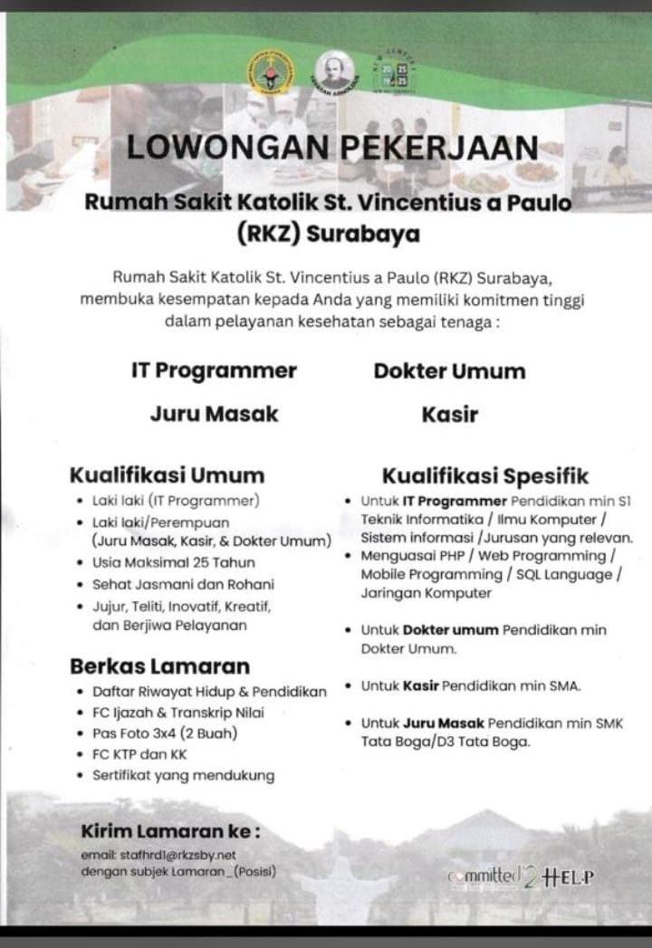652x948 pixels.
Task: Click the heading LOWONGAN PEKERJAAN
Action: pos(331,148)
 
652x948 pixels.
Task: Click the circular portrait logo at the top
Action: pos(335,70)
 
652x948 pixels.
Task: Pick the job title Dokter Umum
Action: pos(449,370)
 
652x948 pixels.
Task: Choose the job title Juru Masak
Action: pos(214,415)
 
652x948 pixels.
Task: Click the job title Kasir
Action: pos(449,415)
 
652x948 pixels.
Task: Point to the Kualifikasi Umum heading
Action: pos(168,475)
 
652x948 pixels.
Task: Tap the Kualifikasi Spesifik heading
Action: pos(485,475)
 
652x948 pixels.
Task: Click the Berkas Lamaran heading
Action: pos(160,666)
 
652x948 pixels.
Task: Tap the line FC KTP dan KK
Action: pos(139,753)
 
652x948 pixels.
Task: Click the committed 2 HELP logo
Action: pos(520,876)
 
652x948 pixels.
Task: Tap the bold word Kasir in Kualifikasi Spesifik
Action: pos(421,686)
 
